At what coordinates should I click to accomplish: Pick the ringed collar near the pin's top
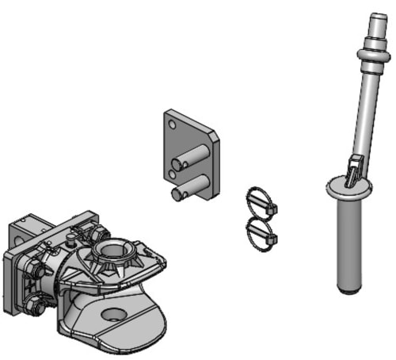pos(367,54)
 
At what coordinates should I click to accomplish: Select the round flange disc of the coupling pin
pos(347,189)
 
